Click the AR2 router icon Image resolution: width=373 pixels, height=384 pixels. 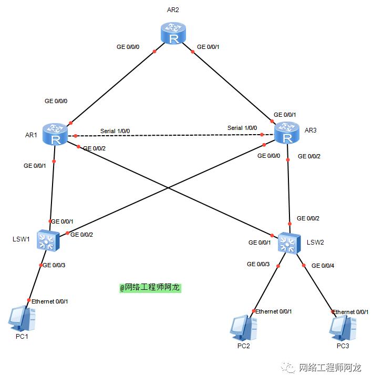click(173, 33)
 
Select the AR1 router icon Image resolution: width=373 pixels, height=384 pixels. click(55, 134)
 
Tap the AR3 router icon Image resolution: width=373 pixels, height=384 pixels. click(287, 133)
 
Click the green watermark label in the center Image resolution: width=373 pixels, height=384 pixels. click(150, 288)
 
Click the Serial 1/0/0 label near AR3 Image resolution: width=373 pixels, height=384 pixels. click(242, 128)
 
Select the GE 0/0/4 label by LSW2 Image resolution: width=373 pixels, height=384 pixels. click(323, 266)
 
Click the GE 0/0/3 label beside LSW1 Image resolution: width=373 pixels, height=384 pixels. click(54, 265)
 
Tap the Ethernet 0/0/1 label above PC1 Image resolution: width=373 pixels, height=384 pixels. click(50, 301)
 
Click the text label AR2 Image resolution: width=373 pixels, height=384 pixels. click(173, 9)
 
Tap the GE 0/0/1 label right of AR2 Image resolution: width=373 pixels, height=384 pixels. click(208, 47)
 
